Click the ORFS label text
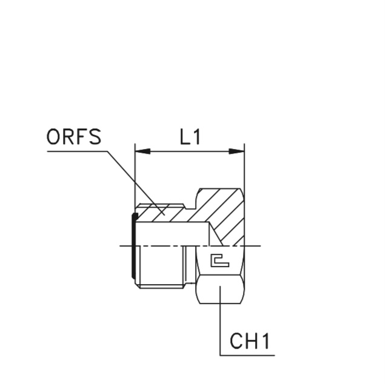[74, 137]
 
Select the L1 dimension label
[190, 137]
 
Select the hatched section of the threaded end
[161, 212]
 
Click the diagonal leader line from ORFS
[133, 182]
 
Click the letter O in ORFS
[53, 137]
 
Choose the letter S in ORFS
[95, 137]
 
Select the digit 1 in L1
[196, 137]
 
